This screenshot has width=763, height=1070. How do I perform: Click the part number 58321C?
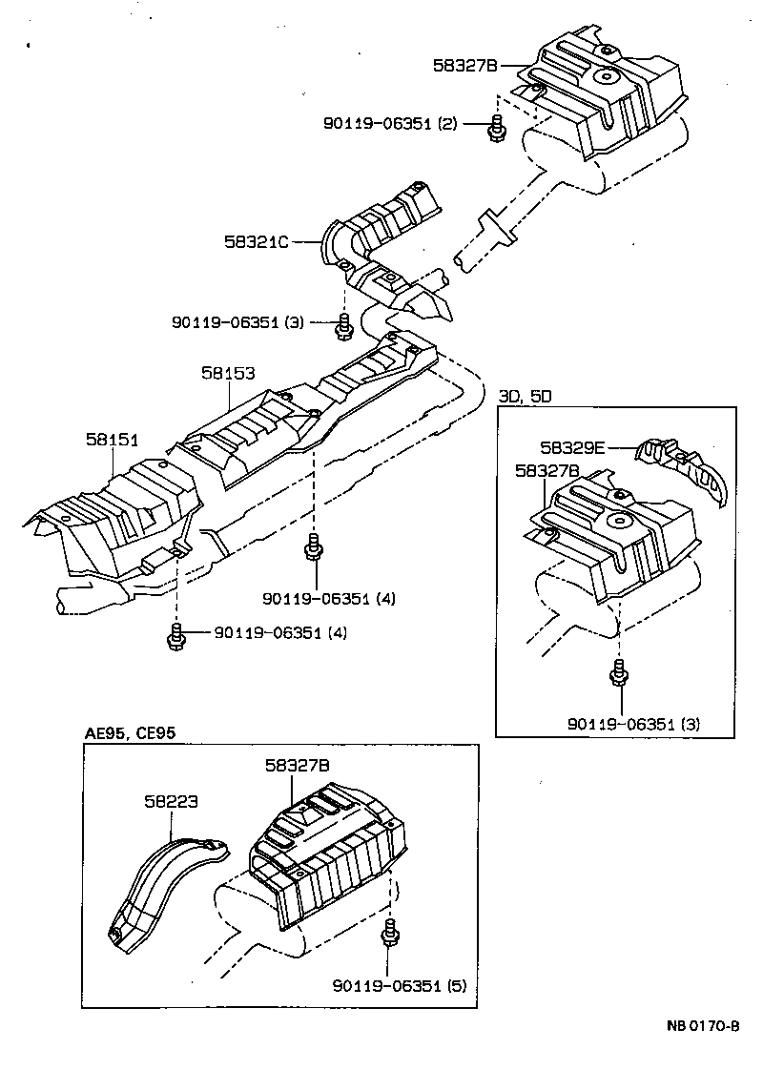(256, 242)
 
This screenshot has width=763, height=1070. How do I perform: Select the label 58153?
(228, 375)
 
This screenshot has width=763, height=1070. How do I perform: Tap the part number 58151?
(112, 440)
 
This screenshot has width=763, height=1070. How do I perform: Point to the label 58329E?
(572, 445)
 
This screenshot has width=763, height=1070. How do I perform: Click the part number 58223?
(171, 802)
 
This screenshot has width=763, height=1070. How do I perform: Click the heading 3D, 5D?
(525, 396)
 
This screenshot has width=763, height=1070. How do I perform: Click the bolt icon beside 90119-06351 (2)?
(497, 128)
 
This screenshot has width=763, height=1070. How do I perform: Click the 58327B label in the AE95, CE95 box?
(298, 765)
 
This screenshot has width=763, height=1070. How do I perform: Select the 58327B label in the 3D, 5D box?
(546, 470)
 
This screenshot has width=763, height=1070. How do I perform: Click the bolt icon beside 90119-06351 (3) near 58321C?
(342, 326)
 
